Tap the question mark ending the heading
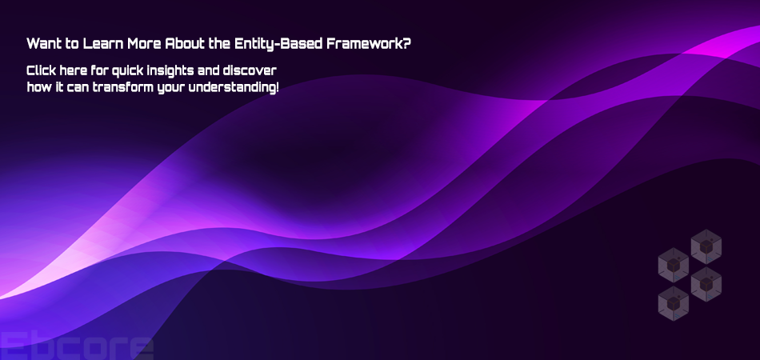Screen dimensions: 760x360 (x=406, y=44)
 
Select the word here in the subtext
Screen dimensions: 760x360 (x=73, y=70)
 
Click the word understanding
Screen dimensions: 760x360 (x=232, y=89)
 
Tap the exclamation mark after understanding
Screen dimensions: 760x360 (x=277, y=88)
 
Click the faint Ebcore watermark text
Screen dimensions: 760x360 (x=77, y=346)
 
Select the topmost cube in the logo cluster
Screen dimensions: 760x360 (x=706, y=246)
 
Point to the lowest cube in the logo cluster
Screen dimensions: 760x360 (x=674, y=303)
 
